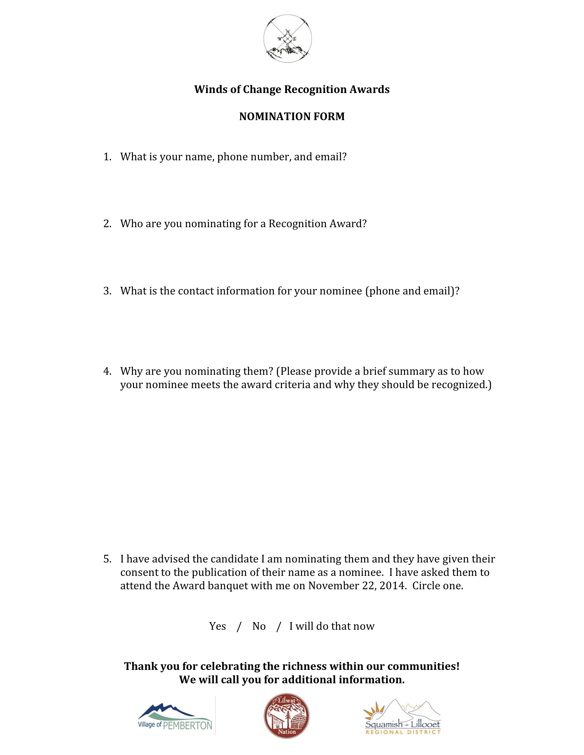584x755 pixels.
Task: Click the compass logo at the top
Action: [288, 38]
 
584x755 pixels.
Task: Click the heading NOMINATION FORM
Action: [292, 116]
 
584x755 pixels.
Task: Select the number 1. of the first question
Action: [107, 157]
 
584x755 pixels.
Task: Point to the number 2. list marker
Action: [107, 224]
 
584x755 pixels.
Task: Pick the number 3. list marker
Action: [107, 291]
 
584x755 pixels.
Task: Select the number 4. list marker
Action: [107, 371]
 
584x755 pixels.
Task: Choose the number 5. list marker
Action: [107, 559]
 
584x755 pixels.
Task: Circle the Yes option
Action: [217, 626]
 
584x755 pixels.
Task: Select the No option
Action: [259, 626]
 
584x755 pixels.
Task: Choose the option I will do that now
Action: [332, 626]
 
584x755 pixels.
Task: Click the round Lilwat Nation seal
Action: [287, 716]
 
